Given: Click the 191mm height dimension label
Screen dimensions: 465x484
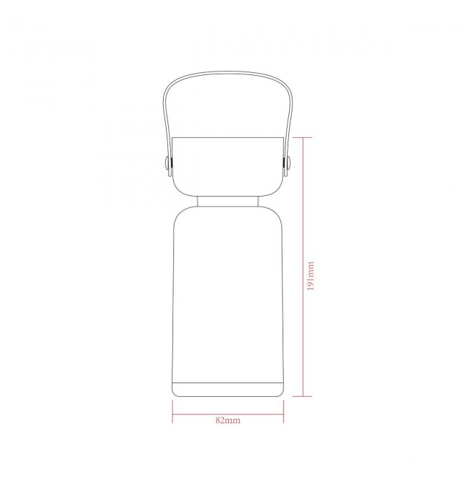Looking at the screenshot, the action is tap(310, 276).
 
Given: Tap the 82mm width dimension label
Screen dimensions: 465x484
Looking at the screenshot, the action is tap(227, 420).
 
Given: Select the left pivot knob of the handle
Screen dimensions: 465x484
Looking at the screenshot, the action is tap(167, 163).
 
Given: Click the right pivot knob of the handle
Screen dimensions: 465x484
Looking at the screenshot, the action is tap(288, 163).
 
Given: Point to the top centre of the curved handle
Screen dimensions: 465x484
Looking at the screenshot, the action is tap(227, 72).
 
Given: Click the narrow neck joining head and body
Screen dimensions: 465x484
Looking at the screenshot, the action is tap(228, 201).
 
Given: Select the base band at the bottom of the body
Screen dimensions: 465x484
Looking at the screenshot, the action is tap(228, 390).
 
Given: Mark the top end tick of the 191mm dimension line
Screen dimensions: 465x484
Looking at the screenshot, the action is tap(303, 138).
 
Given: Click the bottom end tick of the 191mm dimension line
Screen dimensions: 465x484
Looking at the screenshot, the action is tap(303, 396).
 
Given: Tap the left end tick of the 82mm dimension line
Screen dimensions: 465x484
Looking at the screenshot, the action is tap(172, 412).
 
